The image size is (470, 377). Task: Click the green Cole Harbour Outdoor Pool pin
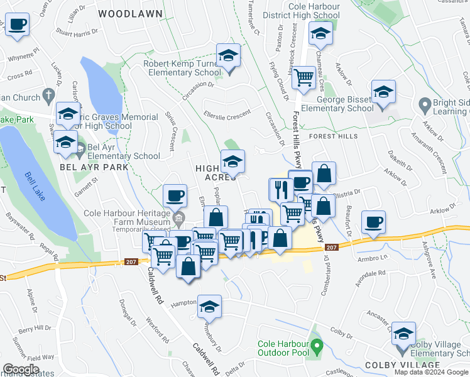[x=317, y=346]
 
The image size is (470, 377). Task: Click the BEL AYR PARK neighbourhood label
[x=94, y=167]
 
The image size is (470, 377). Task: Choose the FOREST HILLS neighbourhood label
[x=332, y=136]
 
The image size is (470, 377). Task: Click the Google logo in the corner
[x=20, y=369]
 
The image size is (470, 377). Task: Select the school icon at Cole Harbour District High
[x=320, y=35]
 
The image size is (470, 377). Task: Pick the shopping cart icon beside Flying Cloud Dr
[x=303, y=78]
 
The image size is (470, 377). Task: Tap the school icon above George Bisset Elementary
[x=383, y=92]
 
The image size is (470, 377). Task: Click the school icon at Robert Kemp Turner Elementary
[x=228, y=55]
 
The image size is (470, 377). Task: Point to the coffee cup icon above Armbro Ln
[x=374, y=222]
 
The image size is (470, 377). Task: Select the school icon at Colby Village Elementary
[x=403, y=334]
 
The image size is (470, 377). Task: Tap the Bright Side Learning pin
[x=425, y=104]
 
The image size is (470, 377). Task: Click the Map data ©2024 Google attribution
[x=430, y=372]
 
